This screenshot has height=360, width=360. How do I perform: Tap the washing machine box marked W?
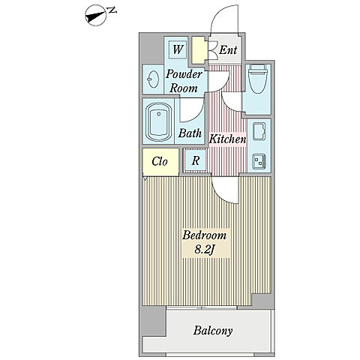point(178,49)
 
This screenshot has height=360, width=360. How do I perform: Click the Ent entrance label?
point(228,49)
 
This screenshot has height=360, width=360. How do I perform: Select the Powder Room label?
point(184,81)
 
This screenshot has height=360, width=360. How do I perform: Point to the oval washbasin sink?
point(153,79)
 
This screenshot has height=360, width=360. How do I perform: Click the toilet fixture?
point(258,79)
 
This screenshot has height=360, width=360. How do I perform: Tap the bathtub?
point(159,121)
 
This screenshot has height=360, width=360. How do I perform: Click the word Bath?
point(190,133)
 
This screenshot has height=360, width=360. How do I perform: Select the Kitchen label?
point(227,139)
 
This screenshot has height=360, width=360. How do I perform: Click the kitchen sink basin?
point(259,131)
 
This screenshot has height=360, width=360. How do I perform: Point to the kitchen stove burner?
point(259,160)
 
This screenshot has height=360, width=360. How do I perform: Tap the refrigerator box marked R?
point(196,160)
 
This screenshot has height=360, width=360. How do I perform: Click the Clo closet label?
point(160,161)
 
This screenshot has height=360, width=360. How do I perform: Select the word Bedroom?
point(204,235)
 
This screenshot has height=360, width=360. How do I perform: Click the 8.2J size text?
point(205,249)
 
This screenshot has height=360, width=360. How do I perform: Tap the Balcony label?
point(213,331)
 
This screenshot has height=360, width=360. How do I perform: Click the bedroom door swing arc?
point(220,195)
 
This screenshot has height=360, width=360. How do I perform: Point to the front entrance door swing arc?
point(219,13)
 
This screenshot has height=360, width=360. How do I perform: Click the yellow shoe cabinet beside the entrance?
point(199,50)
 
